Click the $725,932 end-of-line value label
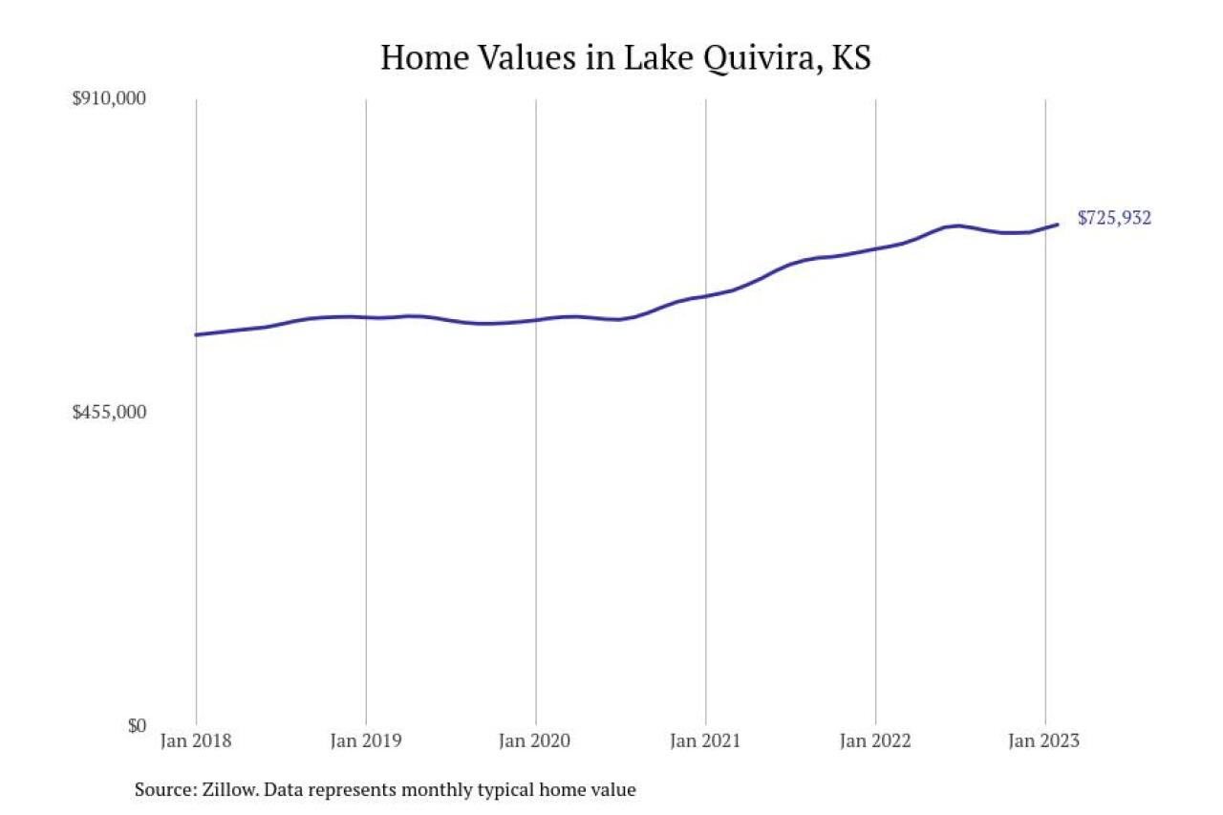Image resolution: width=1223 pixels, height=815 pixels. (1114, 218)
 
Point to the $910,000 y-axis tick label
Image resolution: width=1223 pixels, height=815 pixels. (110, 98)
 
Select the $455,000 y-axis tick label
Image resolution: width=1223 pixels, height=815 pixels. (110, 412)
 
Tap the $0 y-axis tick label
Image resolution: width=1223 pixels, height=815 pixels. (138, 725)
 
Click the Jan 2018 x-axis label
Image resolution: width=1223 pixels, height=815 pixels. (196, 741)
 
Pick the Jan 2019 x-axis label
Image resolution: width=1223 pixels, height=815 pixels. (366, 741)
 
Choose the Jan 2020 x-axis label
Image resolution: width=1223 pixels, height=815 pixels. (536, 741)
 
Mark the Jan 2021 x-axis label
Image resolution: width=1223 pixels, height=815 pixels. (706, 741)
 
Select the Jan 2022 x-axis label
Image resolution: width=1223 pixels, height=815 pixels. (876, 741)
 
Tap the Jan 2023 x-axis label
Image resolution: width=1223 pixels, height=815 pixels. (1044, 741)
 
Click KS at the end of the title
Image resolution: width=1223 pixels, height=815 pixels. (850, 57)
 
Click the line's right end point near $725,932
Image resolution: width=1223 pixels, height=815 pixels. (1058, 225)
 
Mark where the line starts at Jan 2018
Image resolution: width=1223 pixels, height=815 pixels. (196, 334)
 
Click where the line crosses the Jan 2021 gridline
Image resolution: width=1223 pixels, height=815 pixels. (706, 296)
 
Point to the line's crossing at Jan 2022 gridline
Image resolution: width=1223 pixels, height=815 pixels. (876, 248)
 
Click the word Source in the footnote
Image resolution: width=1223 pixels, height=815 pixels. (163, 790)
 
